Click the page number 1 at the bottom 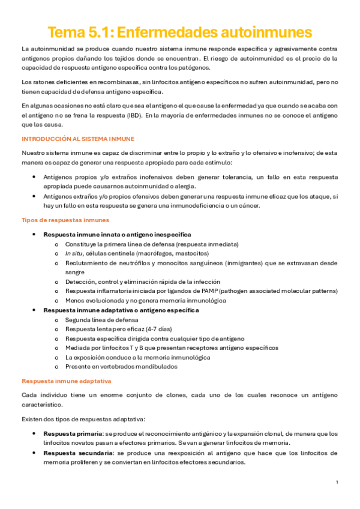[x=337, y=483]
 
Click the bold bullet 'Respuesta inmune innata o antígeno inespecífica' [x=118, y=235]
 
